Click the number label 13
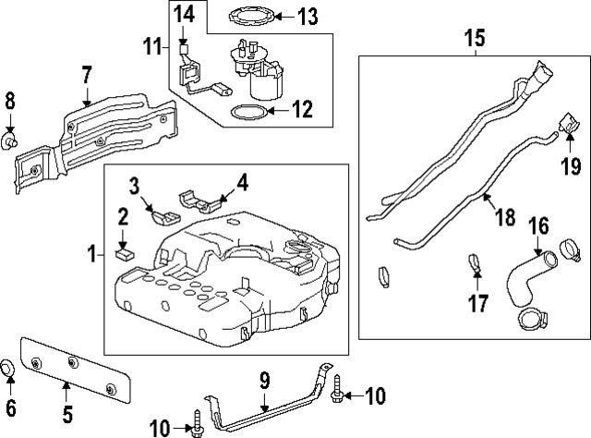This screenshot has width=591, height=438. pyautogui.click(x=307, y=16)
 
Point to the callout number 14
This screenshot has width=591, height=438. pyautogui.click(x=185, y=14)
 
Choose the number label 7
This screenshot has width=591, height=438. pyautogui.click(x=86, y=73)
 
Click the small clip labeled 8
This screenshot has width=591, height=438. pyautogui.click(x=13, y=140)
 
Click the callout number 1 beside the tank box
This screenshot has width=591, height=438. pyautogui.click(x=91, y=251)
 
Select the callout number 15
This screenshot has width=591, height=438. pyautogui.click(x=474, y=40)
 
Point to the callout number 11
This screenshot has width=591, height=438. pyautogui.click(x=151, y=43)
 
